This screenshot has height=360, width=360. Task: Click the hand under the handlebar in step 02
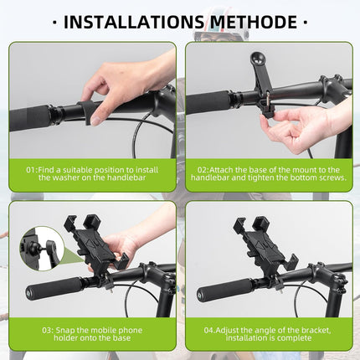[x=293, y=126]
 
